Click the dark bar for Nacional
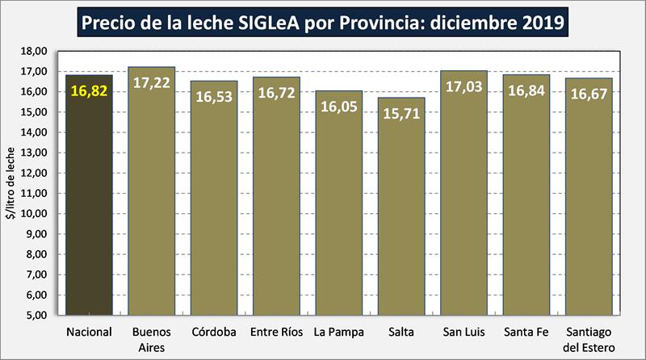(x=89, y=202)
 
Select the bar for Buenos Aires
(x=152, y=202)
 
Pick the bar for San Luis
(x=464, y=202)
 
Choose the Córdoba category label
(x=214, y=333)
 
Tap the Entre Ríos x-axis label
(x=277, y=333)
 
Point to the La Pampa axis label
(x=339, y=333)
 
